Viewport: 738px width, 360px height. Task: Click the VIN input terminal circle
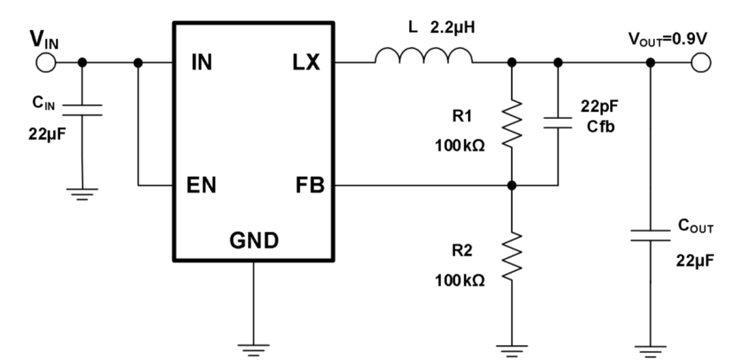tap(45, 62)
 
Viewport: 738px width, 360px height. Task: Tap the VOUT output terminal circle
tap(701, 62)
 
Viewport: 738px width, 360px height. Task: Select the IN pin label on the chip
tap(202, 64)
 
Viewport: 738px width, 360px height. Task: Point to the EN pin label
tap(203, 186)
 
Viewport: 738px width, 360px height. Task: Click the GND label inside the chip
tap(254, 240)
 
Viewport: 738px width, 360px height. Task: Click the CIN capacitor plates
tap(83, 109)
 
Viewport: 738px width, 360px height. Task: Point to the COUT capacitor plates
tap(651, 236)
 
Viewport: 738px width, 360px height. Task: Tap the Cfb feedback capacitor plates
tap(558, 122)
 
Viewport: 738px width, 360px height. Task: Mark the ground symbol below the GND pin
tap(254, 347)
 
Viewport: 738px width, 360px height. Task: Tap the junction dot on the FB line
tap(512, 185)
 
